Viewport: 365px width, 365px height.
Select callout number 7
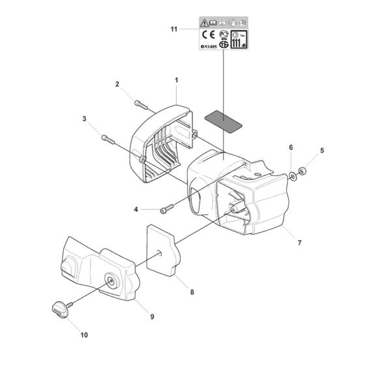point(299,242)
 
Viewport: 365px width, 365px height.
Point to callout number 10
point(83,335)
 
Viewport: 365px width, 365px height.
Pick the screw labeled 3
point(108,139)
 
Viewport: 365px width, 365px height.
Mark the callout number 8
point(192,293)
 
